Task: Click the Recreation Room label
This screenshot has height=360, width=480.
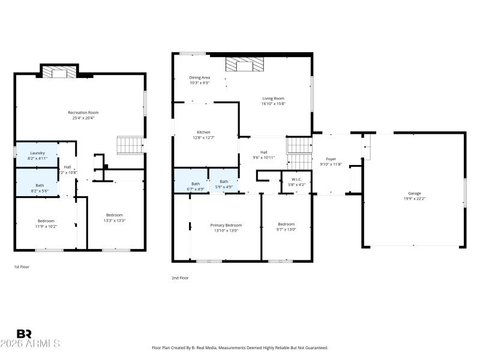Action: pyautogui.click(x=83, y=112)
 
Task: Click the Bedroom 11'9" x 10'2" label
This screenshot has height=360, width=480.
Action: pyautogui.click(x=46, y=223)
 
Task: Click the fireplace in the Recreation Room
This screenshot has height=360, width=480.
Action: pyautogui.click(x=59, y=73)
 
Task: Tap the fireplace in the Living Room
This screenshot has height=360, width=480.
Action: pyautogui.click(x=244, y=65)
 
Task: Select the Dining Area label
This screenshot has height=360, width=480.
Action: pyautogui.click(x=199, y=77)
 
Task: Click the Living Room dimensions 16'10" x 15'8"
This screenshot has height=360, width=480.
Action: pyautogui.click(x=273, y=104)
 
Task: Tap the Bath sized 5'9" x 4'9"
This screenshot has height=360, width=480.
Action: pyautogui.click(x=224, y=184)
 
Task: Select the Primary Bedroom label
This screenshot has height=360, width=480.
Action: pyautogui.click(x=226, y=225)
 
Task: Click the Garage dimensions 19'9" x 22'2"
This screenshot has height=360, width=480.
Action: pyautogui.click(x=414, y=197)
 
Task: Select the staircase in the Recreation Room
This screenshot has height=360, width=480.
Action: pyautogui.click(x=130, y=145)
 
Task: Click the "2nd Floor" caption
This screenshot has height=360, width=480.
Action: pyautogui.click(x=181, y=278)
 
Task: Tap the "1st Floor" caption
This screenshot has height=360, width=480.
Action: pyautogui.click(x=22, y=266)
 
